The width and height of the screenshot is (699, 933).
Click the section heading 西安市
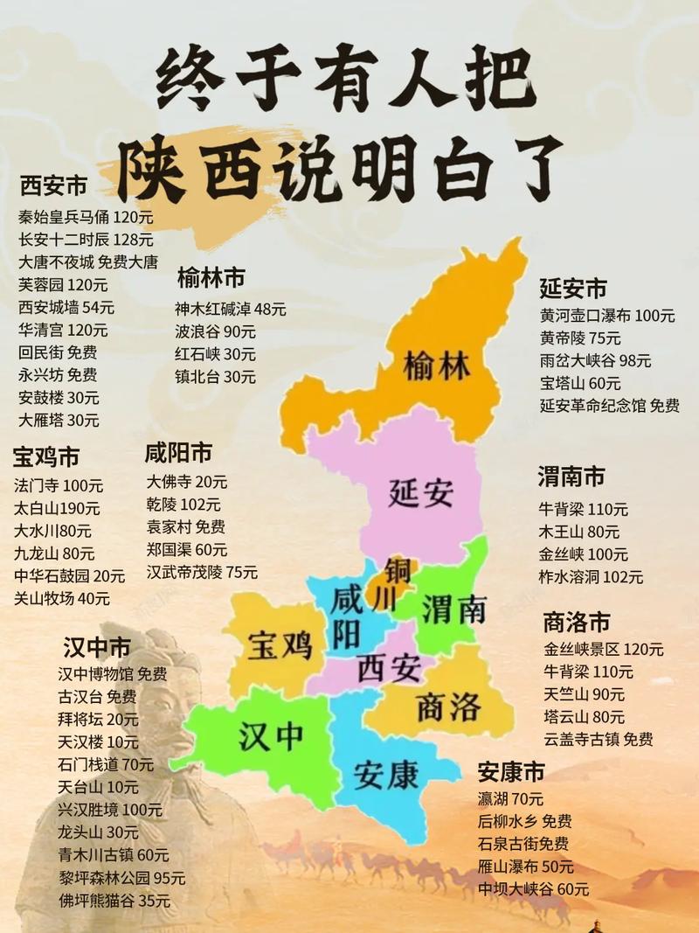click(x=53, y=186)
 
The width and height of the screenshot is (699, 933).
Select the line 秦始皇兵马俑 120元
click(x=86, y=217)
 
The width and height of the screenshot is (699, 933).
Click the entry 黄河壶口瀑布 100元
click(x=607, y=316)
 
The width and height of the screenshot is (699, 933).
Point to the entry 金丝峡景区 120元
click(x=603, y=650)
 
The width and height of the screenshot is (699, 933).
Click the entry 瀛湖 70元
click(x=510, y=798)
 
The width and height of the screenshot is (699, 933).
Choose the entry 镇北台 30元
click(x=215, y=377)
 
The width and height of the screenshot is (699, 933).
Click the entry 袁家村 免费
click(x=185, y=527)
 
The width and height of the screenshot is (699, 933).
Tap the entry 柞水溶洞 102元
click(x=591, y=577)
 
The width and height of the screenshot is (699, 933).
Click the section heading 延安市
click(x=572, y=289)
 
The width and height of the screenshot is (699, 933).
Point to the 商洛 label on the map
click(x=448, y=707)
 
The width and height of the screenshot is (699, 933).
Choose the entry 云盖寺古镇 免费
click(x=598, y=740)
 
